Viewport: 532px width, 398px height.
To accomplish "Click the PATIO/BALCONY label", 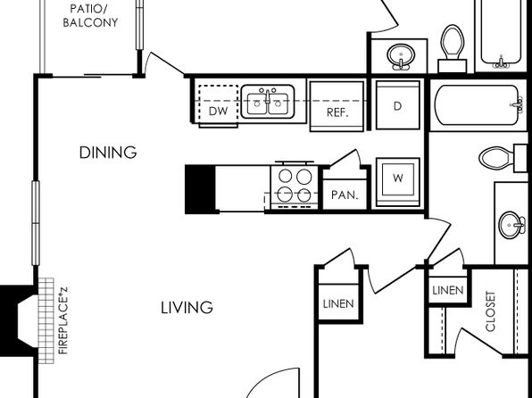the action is click(x=90, y=15).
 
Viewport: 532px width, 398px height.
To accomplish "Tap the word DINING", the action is click(x=108, y=153).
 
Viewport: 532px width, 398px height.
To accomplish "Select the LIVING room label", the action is click(x=187, y=308).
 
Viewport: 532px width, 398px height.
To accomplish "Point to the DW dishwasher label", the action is click(x=218, y=111).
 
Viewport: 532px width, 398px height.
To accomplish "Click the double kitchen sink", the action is click(x=268, y=102).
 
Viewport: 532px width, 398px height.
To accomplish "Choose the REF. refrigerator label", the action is click(x=337, y=112).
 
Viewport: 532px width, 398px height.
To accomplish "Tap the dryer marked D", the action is click(x=397, y=104).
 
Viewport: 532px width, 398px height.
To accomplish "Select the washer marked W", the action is click(x=397, y=182).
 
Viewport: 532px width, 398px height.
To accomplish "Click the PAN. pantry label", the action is click(x=345, y=195).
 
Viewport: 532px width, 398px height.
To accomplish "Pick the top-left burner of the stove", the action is click(x=286, y=176).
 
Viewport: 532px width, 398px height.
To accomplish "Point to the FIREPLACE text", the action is click(x=63, y=321).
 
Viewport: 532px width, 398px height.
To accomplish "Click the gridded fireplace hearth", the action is click(x=46, y=321).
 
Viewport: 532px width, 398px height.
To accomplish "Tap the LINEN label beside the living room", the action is click(x=338, y=303).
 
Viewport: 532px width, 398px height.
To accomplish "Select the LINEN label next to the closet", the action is click(x=448, y=290).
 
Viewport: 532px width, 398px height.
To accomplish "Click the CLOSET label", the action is click(x=491, y=311).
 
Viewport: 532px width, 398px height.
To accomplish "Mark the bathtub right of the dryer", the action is click(x=478, y=104).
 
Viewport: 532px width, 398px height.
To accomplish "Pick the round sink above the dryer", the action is click(x=401, y=56).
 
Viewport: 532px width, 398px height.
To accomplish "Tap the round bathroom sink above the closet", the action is click(x=511, y=225).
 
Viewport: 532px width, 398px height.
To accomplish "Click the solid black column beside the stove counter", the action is click(x=200, y=189).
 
